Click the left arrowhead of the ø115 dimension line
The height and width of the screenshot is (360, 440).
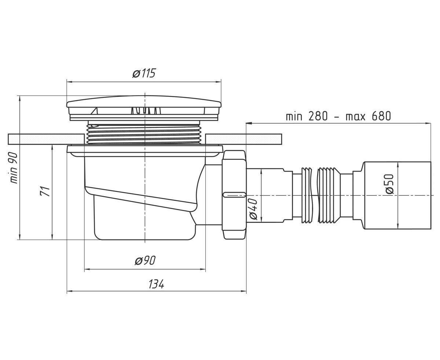pos(69,82)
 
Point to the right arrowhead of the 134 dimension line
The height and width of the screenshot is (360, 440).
pos(244,291)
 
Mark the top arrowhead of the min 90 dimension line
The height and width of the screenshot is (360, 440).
pos(19,99)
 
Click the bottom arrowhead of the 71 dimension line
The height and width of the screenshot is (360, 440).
pos(52,237)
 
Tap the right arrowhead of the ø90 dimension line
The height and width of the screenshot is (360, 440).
pos(203,269)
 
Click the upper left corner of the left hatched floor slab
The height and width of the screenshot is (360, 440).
pos(8,134)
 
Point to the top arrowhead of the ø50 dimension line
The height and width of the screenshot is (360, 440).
pos(398,165)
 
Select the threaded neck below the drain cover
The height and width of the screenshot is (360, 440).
pos(144,133)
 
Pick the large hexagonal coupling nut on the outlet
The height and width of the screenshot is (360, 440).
pos(234,195)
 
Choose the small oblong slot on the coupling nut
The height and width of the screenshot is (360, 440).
pos(234,195)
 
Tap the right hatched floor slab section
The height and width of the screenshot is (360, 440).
pos(244,139)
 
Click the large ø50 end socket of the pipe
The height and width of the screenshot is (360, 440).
pos(397,195)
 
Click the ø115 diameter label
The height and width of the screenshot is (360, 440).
pos(144,73)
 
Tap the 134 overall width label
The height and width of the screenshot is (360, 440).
pos(156,284)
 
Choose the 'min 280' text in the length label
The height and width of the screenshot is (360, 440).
pos(307,116)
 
